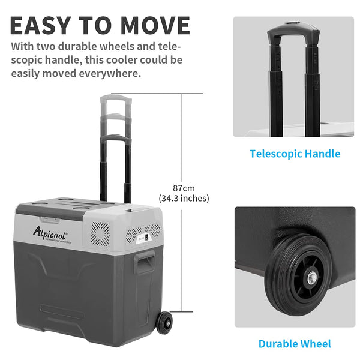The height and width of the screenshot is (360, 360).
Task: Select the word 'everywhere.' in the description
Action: (111, 73)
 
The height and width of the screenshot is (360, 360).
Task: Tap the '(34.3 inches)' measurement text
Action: (183, 198)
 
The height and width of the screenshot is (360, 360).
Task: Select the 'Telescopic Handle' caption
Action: (295, 154)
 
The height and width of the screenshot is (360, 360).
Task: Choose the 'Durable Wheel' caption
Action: (295, 344)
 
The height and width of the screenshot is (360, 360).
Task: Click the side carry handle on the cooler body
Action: (145, 263)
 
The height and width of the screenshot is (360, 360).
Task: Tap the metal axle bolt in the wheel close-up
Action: (313, 278)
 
